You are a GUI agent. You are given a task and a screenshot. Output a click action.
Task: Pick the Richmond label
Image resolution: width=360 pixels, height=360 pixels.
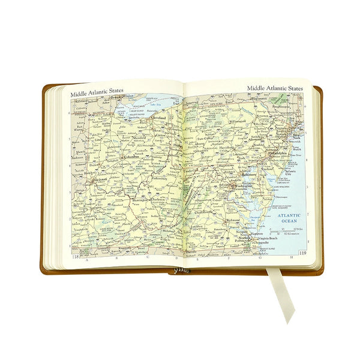pos(233,220)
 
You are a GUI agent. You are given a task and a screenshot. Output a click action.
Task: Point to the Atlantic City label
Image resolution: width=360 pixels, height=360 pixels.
pos(292,174)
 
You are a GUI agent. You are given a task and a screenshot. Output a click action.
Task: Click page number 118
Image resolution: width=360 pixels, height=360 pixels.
pos(76,258)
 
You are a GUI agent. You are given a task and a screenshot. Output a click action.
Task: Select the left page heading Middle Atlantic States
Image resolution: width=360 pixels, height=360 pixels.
pos(97,94)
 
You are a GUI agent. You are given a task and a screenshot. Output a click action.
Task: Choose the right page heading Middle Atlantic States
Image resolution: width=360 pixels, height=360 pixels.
pos(275,89)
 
